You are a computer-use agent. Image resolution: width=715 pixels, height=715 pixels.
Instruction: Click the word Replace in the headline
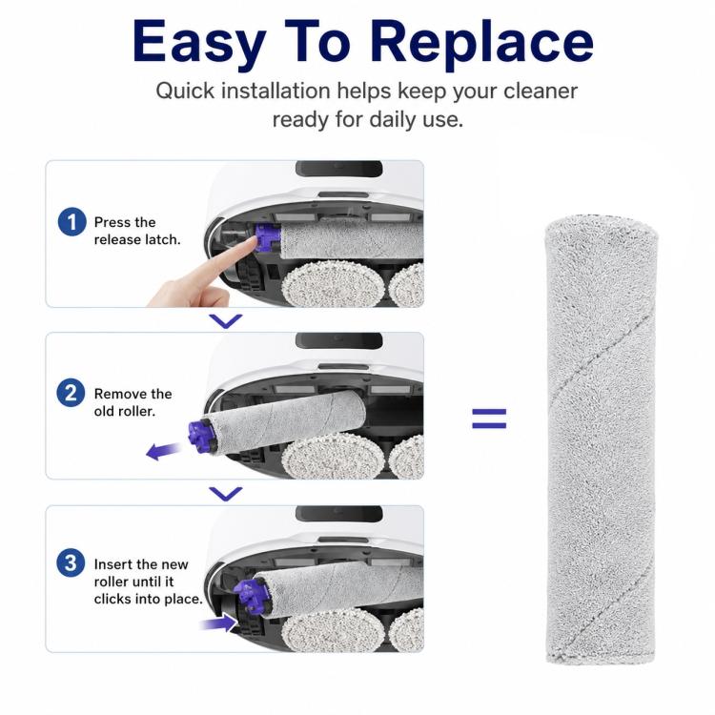pyautogui.click(x=481, y=42)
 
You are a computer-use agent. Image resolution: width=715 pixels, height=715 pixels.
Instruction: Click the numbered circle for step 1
pyautogui.click(x=72, y=222)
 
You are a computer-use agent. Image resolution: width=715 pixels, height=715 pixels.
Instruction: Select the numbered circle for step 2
pyautogui.click(x=71, y=393)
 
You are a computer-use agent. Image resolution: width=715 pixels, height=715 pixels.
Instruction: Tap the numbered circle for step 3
pyautogui.click(x=71, y=562)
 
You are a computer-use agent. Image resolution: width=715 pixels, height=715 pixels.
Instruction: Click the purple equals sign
pyautogui.click(x=489, y=419)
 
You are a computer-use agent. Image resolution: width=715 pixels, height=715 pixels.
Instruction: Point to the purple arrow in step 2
pyautogui.click(x=163, y=451)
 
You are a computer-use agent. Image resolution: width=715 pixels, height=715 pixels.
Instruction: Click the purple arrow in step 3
pyautogui.click(x=219, y=623)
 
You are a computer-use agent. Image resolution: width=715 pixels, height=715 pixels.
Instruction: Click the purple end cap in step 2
pyautogui.click(x=201, y=437)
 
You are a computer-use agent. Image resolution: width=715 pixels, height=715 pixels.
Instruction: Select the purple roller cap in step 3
pyautogui.click(x=249, y=595)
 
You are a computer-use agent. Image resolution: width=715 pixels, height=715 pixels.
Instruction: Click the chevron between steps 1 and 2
pyautogui.click(x=226, y=321)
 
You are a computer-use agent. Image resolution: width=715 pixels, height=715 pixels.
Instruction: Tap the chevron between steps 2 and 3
pyautogui.click(x=226, y=494)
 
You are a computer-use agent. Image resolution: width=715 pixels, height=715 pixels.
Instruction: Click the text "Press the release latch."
pyautogui.click(x=137, y=231)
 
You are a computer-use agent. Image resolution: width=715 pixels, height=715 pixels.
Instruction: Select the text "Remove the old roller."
pyautogui.click(x=133, y=402)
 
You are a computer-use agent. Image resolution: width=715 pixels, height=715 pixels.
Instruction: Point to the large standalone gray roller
pyautogui.click(x=602, y=440)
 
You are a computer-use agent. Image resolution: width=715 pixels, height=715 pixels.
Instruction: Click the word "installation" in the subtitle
pyautogui.click(x=276, y=91)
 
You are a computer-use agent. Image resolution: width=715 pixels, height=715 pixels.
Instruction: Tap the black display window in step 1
pyautogui.click(x=339, y=169)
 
